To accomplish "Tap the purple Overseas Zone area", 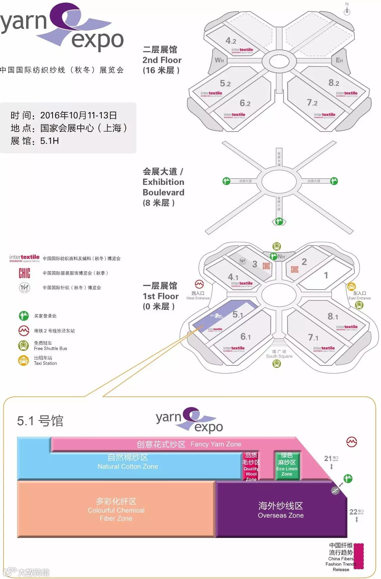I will pyautogui.click(x=281, y=510).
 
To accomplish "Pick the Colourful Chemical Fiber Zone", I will pyautogui.click(x=116, y=510).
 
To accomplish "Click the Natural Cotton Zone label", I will pyautogui.click(x=128, y=462).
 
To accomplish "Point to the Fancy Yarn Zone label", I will pyautogui.click(x=189, y=444).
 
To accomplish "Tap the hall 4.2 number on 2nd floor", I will pyautogui.click(x=231, y=40).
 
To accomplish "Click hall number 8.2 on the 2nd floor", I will pyautogui.click(x=334, y=83).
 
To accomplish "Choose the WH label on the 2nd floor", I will pyautogui.click(x=219, y=60).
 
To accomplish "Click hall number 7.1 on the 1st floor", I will pyautogui.click(x=313, y=337).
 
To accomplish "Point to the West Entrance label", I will pyautogui.click(x=198, y=296).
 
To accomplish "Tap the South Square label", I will pyautogui.click(x=279, y=354).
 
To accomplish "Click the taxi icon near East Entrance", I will pyautogui.click(x=352, y=286).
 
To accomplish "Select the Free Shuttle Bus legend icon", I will pyautogui.click(x=24, y=345).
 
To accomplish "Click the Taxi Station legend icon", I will pyautogui.click(x=24, y=360).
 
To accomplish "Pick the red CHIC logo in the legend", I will pyautogui.click(x=24, y=273).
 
